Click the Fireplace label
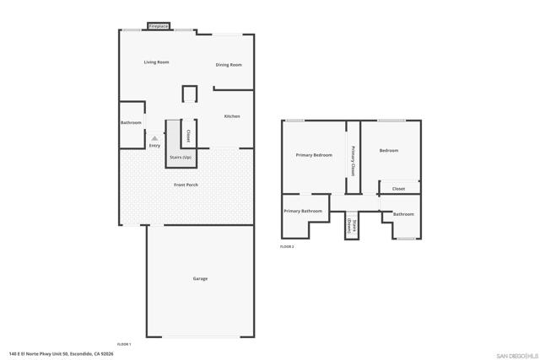tap(159, 27)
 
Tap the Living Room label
tap(156, 62)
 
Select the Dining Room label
tap(229, 65)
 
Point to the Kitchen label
tap(231, 116)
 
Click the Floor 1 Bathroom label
tap(131, 123)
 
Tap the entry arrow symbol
tap(154, 138)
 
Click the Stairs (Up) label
tap(181, 158)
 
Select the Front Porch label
tap(186, 185)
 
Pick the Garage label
tap(200, 278)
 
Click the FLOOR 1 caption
tap(124, 344)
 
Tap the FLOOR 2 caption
tap(287, 247)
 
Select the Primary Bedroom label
tap(313, 155)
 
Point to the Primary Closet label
tap(353, 159)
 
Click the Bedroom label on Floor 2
tap(389, 151)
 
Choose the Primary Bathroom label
tap(303, 211)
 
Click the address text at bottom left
tap(61, 354)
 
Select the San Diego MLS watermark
tap(515, 354)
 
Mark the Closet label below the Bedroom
tap(398, 189)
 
